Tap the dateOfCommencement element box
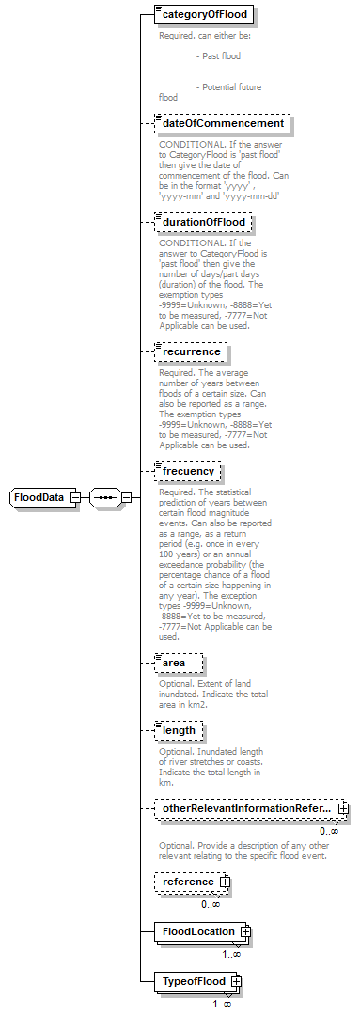pos(222,123)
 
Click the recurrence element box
pos(191,351)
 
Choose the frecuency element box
pos(188,470)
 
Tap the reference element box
pos(187,882)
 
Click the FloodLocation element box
pos(197,931)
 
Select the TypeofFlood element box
pos(193,982)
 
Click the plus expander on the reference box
pos(226,882)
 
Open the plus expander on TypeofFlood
pos(236,982)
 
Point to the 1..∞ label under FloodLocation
pos(231,953)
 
